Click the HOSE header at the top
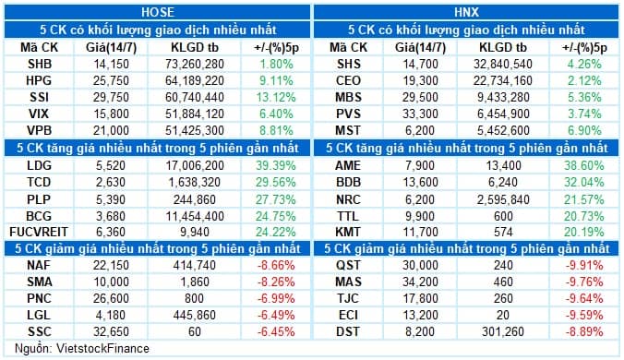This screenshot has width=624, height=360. pyautogui.click(x=156, y=11)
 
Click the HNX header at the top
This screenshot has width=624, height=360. pyautogui.click(x=466, y=11)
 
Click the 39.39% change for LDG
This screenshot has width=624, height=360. pyautogui.click(x=270, y=163)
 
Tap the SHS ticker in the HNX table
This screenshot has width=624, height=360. pyautogui.click(x=346, y=66)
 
